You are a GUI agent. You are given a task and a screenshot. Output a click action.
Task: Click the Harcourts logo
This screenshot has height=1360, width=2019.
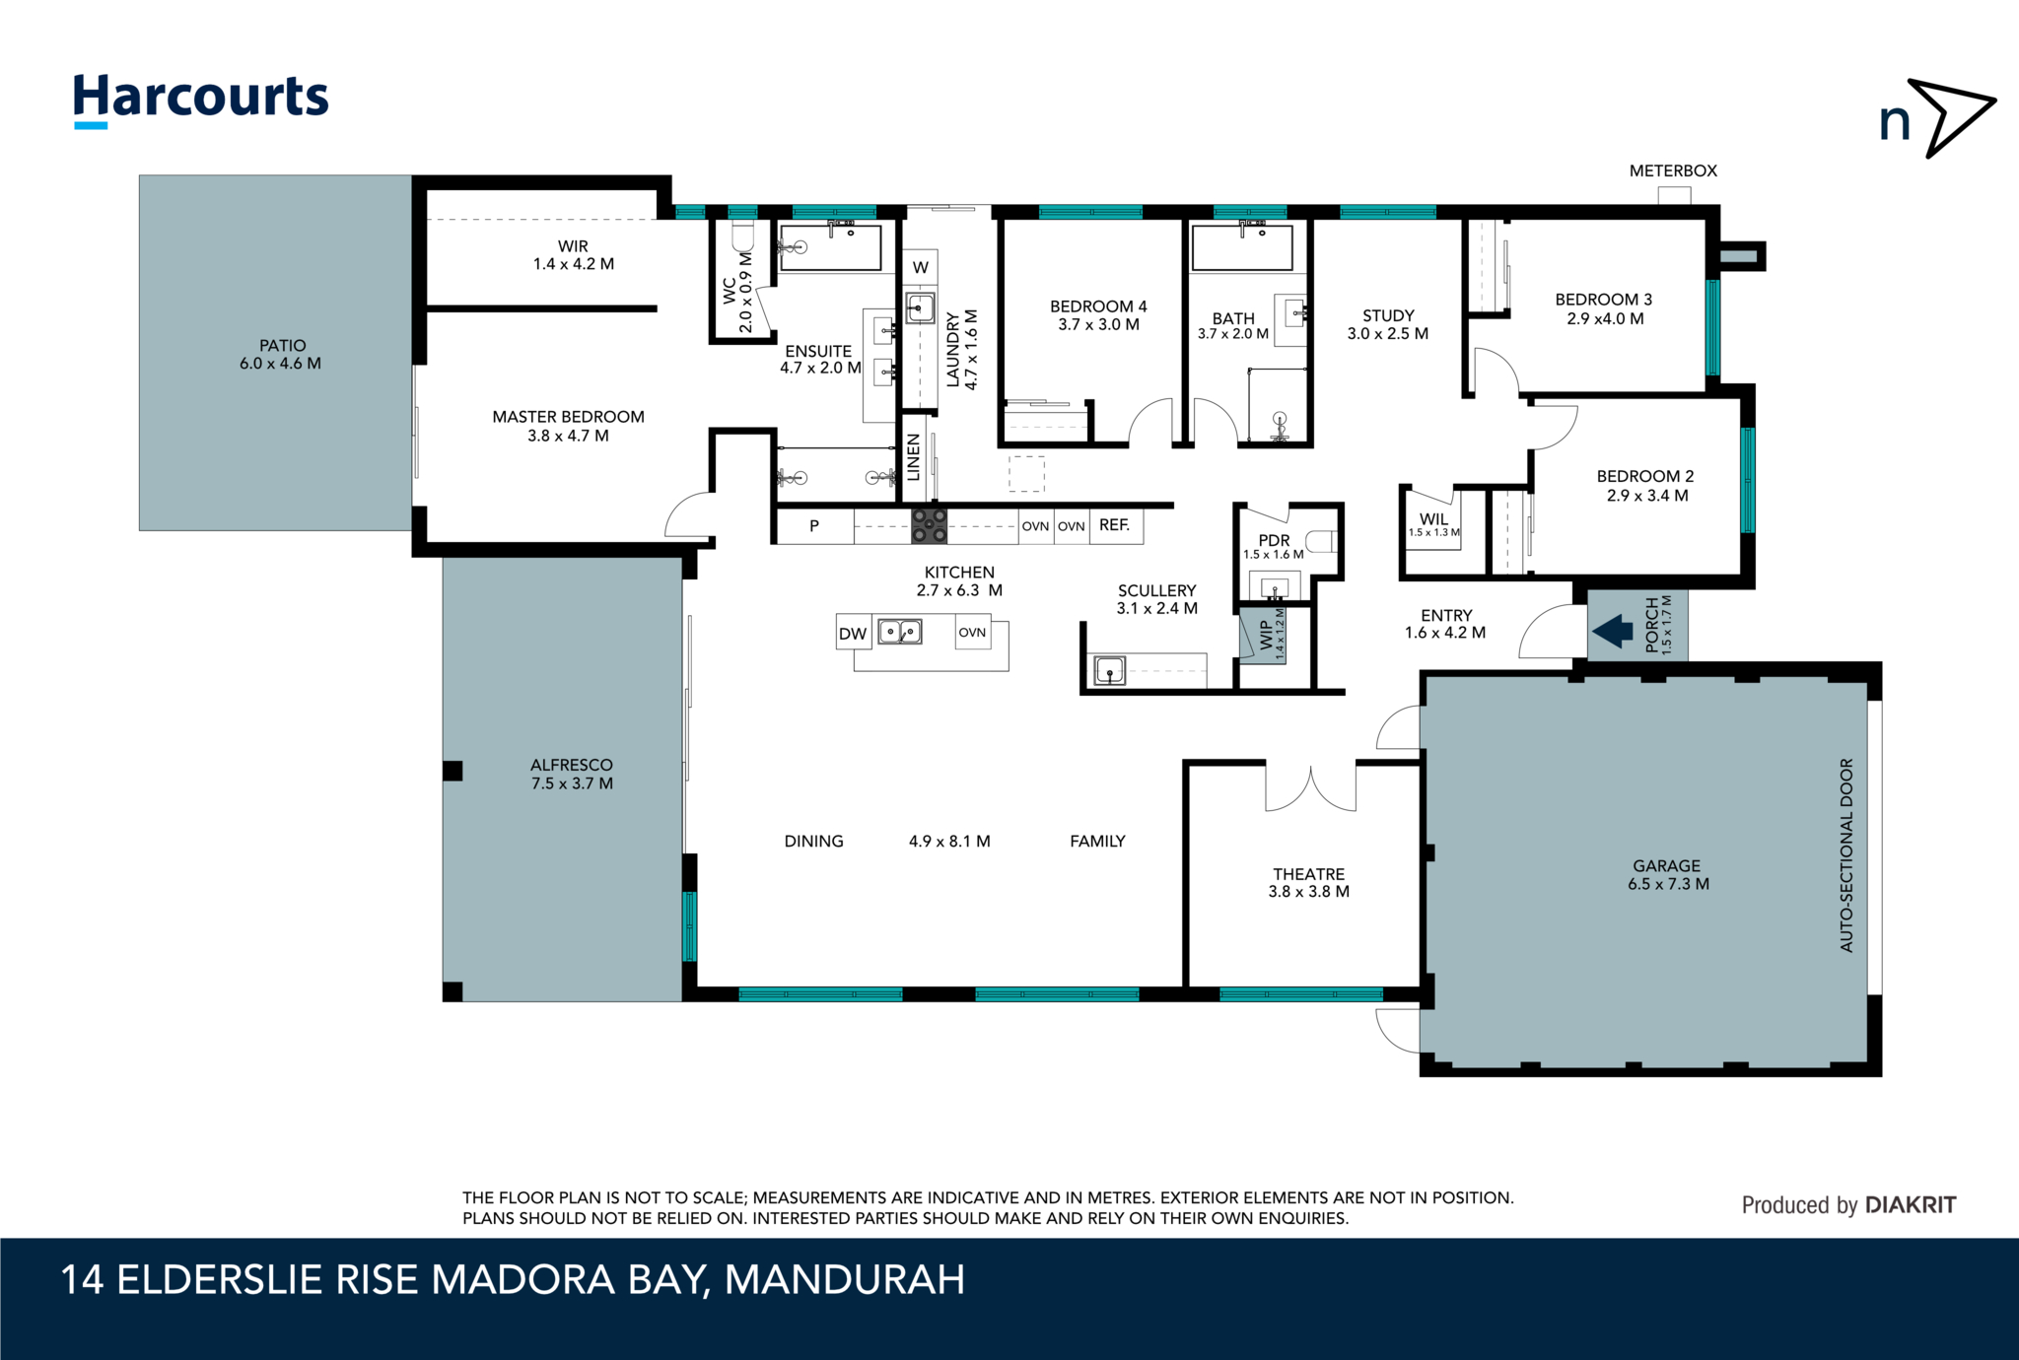[200, 99]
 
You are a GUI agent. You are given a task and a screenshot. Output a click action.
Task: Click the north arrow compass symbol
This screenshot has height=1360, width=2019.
[1938, 119]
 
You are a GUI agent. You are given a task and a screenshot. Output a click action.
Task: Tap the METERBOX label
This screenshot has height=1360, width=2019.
[1673, 170]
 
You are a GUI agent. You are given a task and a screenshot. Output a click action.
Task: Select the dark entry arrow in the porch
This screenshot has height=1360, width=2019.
[1613, 631]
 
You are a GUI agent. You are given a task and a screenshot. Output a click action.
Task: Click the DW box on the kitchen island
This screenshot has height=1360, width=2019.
[852, 634]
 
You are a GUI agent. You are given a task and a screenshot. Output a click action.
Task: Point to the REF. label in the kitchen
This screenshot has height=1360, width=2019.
[1114, 525]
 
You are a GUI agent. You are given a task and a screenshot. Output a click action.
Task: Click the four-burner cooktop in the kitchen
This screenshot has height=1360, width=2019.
[928, 525]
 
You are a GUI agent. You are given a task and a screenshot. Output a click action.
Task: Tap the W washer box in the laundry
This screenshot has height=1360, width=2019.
[920, 267]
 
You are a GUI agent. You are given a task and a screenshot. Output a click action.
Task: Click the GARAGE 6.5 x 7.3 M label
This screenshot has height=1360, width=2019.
[1667, 875]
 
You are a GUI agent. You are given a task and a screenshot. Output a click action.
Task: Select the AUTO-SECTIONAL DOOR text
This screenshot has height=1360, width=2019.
[1846, 854]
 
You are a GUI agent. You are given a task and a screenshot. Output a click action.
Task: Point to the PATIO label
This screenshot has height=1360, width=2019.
[281, 354]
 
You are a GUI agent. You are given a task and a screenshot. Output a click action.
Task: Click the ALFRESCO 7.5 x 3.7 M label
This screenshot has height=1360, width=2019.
[572, 774]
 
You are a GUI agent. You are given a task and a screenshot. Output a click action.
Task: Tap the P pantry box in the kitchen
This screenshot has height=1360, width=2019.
[814, 526]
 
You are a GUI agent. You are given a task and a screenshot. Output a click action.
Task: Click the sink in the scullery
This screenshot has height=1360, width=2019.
[1109, 671]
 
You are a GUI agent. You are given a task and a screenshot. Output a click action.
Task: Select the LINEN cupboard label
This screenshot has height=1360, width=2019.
[913, 457]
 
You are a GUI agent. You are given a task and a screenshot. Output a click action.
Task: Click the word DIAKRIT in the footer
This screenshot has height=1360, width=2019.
[1911, 1204]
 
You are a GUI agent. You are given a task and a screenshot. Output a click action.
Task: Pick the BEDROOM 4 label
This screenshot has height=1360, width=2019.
[1098, 315]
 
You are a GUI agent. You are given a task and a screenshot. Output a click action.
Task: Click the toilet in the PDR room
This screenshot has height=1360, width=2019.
[1321, 541]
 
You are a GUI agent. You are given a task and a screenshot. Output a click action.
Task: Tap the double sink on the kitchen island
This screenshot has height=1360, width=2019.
[899, 631]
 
